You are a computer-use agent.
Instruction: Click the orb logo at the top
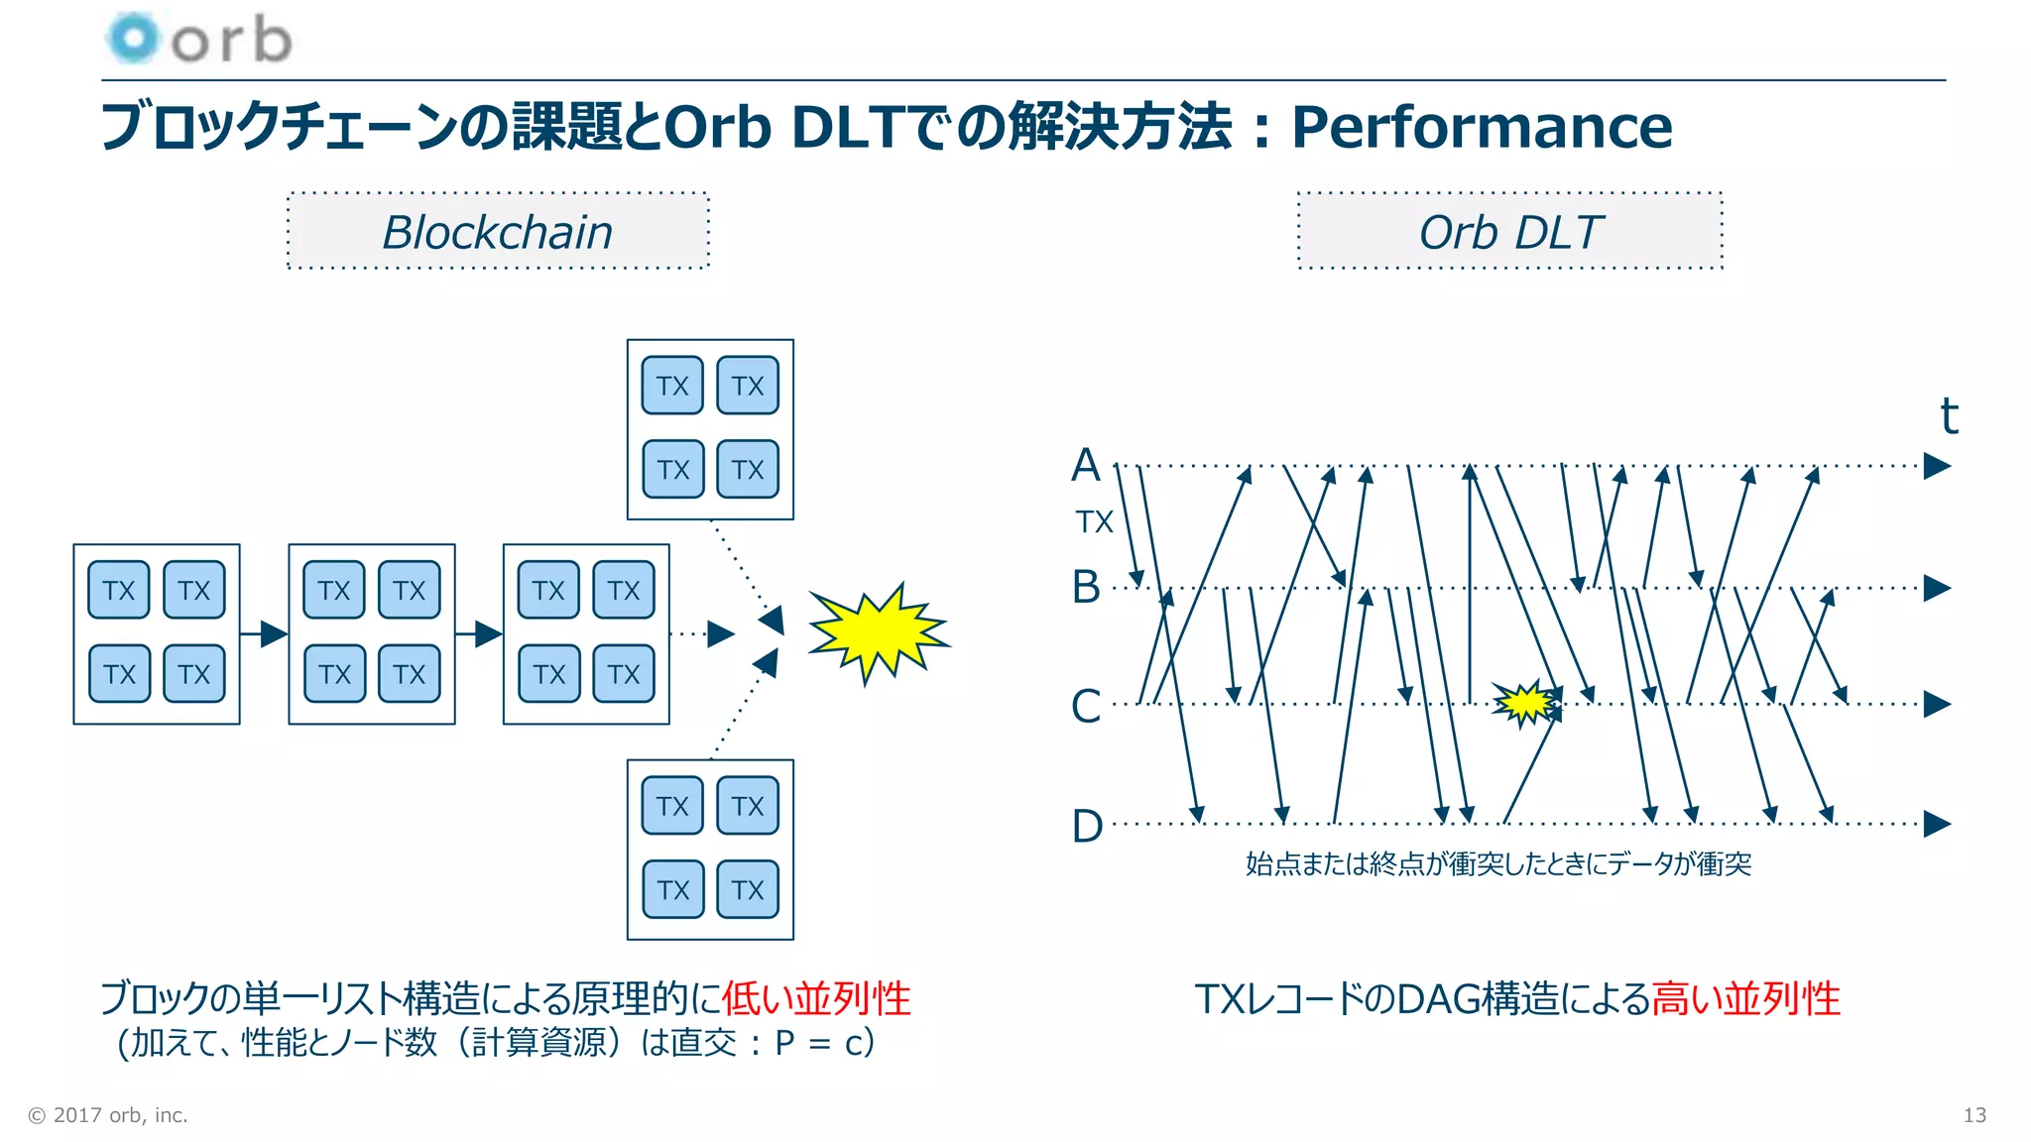(x=198, y=40)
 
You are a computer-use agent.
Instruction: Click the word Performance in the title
(x=1482, y=127)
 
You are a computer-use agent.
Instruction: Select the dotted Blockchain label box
(x=498, y=232)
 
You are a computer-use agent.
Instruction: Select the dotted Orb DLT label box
(x=1509, y=232)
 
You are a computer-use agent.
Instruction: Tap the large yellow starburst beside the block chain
(x=877, y=632)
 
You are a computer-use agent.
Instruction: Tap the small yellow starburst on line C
(x=1525, y=703)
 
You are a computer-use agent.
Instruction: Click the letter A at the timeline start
(x=1086, y=465)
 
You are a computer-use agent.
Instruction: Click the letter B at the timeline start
(x=1086, y=587)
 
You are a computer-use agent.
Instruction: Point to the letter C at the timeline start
(x=1086, y=706)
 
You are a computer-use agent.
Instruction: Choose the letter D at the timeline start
(x=1087, y=826)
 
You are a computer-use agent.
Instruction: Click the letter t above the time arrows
(x=1949, y=416)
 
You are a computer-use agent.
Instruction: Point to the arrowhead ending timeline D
(x=1937, y=824)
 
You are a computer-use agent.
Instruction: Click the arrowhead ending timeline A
(x=1937, y=466)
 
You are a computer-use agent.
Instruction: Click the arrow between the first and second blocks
(x=264, y=633)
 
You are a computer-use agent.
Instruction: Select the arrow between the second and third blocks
(x=479, y=633)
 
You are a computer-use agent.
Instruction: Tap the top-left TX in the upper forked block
(x=672, y=386)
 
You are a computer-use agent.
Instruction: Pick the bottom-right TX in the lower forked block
(x=748, y=889)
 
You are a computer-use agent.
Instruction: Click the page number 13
(x=1973, y=1115)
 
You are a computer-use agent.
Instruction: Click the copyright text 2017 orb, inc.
(x=108, y=1115)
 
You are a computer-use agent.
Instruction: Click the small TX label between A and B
(x=1095, y=522)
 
